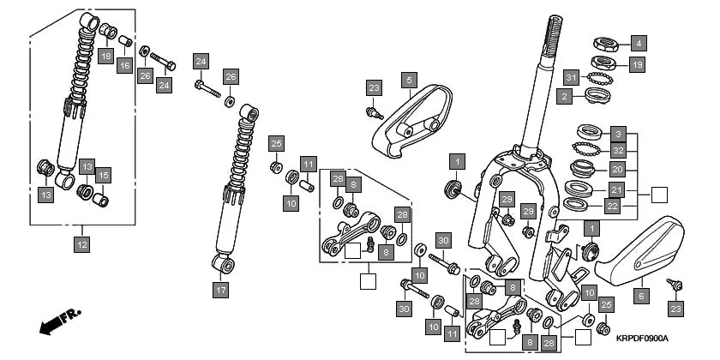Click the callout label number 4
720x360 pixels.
[638, 42]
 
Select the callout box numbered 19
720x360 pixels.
[638, 64]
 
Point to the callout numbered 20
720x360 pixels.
[618, 169]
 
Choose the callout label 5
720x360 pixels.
[410, 81]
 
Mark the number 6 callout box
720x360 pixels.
[639, 294]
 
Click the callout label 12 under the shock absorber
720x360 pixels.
[81, 245]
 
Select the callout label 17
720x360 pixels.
[221, 290]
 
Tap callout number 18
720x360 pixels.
[106, 56]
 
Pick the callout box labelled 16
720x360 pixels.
[125, 66]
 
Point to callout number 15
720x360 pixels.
[104, 175]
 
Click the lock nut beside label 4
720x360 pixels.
[608, 42]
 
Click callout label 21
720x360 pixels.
[618, 189]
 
